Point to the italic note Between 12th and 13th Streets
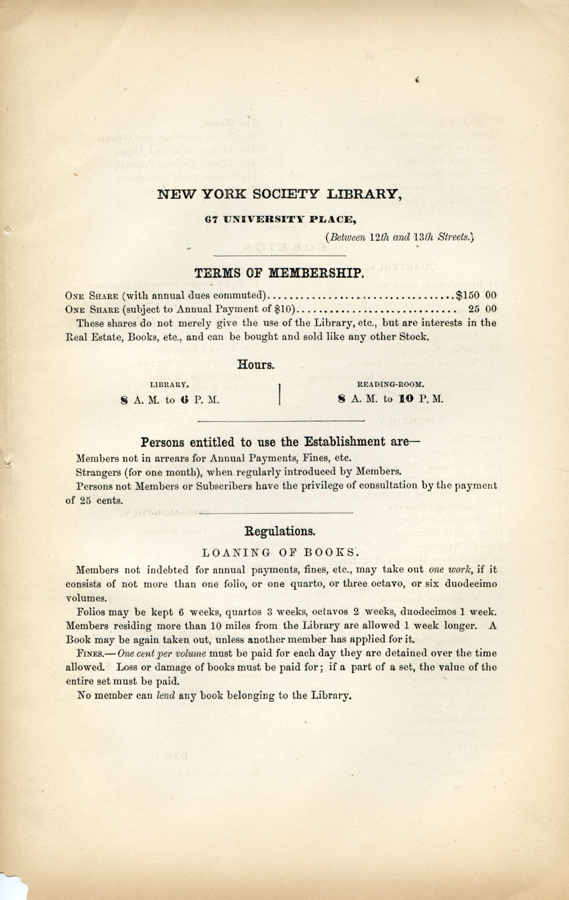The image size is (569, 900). click(401, 237)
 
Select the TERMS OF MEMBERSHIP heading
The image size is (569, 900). click(279, 273)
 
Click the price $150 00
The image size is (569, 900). click(476, 295)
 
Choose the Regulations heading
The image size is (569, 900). click(280, 531)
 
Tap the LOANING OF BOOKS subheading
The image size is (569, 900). click(280, 551)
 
